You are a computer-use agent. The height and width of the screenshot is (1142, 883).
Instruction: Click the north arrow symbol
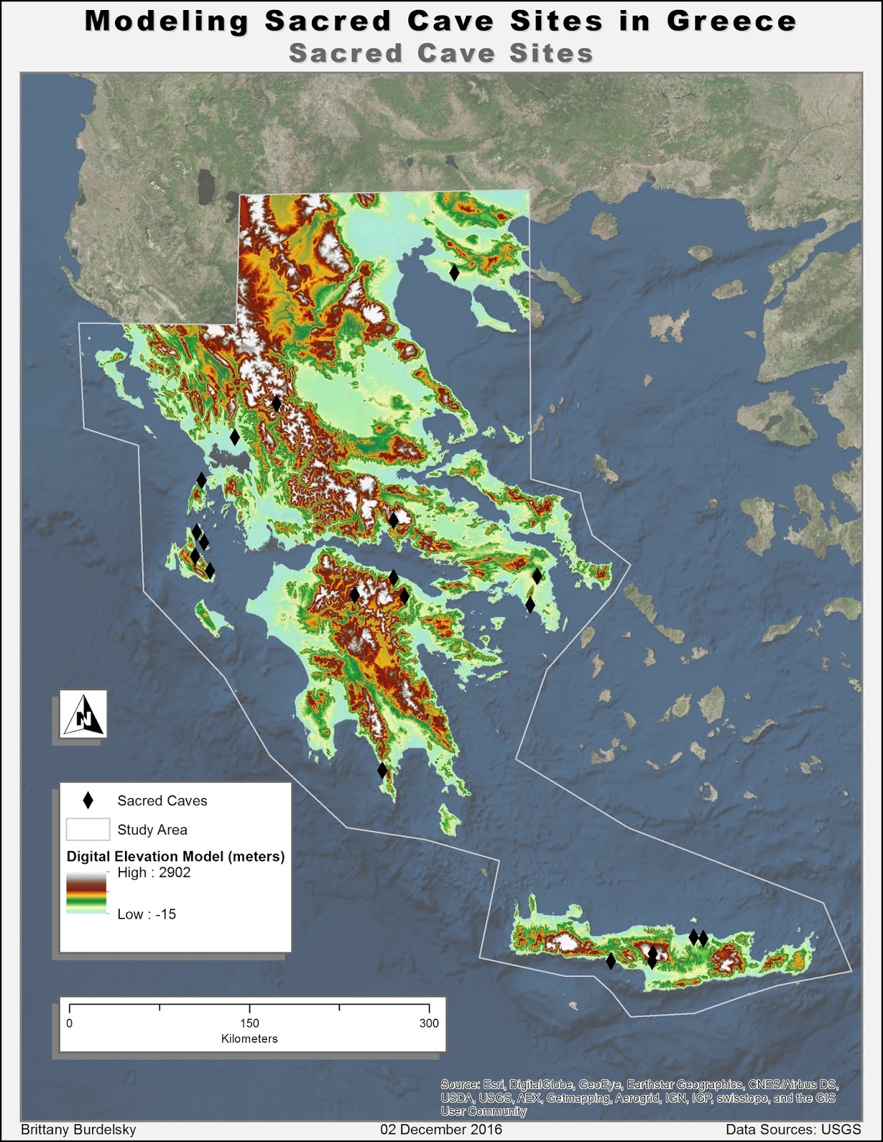coord(84,714)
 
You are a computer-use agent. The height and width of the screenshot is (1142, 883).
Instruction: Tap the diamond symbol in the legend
coord(88,800)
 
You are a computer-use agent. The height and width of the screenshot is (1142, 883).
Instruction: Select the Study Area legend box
coord(88,829)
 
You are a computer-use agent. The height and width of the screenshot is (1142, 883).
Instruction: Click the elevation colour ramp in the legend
coord(86,893)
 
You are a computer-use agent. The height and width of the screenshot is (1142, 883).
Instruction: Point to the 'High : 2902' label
coord(153,872)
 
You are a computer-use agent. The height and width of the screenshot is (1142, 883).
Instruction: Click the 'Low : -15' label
coord(146,914)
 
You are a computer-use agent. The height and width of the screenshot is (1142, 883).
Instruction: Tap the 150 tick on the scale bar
coord(249,1008)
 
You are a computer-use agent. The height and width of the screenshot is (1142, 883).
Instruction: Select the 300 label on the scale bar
coord(429,1024)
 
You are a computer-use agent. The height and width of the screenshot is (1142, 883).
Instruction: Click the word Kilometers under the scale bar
coord(249,1039)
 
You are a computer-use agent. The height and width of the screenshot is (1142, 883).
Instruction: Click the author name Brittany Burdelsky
coord(79,1130)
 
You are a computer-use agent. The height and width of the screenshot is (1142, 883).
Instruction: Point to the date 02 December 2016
coord(441,1130)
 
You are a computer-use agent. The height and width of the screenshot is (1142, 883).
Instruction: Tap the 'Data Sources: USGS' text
coord(793,1130)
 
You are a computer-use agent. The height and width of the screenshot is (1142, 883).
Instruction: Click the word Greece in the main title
coord(731,21)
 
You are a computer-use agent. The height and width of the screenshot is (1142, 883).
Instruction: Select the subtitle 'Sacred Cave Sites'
coord(441,54)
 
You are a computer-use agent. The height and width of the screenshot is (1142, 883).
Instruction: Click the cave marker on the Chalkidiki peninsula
coord(454,272)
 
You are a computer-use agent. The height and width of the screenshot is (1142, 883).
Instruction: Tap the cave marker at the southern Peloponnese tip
coord(382,770)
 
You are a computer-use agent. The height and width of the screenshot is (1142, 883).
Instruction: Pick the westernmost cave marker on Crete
coord(610,961)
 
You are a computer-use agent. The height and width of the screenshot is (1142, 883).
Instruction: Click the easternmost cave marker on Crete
coord(703,939)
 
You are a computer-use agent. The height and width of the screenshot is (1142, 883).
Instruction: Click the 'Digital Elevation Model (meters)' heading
coord(176,856)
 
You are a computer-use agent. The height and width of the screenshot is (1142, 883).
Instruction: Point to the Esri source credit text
coord(639,1098)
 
